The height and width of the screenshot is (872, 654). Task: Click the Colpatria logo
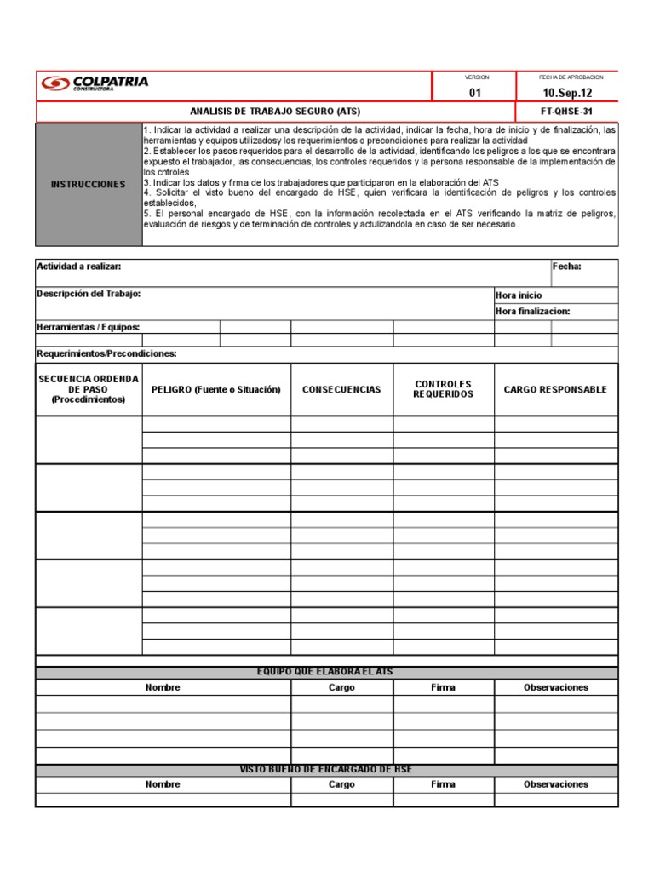pos(95,83)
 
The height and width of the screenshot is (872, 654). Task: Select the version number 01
pos(475,94)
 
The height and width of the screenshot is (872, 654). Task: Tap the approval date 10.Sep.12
pos(567,94)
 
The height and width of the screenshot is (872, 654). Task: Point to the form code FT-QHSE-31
pos(567,112)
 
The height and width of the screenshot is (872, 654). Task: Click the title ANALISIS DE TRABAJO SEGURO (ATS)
pos(275,112)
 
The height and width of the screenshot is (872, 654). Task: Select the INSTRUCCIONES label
pos(88,184)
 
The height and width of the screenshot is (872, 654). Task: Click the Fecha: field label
pos(567,267)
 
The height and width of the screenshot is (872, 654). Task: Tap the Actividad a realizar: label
pos(79,267)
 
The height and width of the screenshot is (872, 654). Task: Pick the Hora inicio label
pos(519,295)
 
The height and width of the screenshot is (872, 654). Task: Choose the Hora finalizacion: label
pos(533,311)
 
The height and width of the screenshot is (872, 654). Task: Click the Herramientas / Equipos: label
pos(89,327)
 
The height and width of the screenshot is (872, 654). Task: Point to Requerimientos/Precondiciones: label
pos(106,353)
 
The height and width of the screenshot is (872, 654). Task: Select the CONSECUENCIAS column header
pos(341,390)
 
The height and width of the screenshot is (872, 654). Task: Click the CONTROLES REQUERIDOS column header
pos(443,389)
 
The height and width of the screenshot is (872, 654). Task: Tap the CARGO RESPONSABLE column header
pos(555,390)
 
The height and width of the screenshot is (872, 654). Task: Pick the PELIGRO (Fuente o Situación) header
pos(216,390)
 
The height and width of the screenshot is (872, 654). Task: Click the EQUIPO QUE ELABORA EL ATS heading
pos(325,672)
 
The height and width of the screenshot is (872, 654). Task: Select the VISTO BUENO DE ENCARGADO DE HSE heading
pos(325,770)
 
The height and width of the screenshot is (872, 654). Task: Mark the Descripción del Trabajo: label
pos(89,294)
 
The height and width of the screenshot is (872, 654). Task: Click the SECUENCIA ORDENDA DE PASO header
pos(88,388)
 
